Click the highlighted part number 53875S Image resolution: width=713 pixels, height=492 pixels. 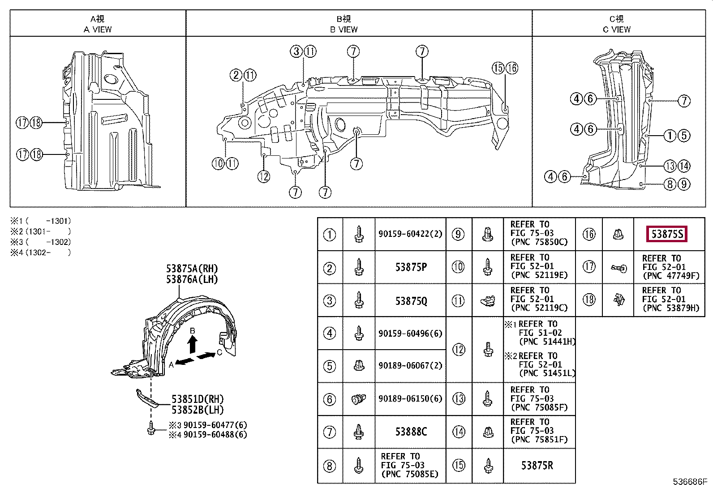coord(667,234)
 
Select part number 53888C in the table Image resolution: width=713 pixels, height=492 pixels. coord(411,432)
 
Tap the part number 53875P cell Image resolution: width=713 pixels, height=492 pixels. coord(411,267)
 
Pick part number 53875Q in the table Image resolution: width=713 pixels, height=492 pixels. coord(411,301)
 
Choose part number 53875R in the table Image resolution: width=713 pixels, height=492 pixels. coord(537,466)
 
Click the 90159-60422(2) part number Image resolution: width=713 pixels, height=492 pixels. coord(410,234)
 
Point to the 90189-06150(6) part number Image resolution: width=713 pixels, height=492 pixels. coord(410,398)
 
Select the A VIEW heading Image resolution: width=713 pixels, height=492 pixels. coord(98,30)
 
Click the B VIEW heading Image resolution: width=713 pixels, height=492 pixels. coord(344,30)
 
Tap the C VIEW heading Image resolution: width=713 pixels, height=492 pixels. coord(617,30)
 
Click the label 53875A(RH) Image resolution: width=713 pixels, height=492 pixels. coord(192,269)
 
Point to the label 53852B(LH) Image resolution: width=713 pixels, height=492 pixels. coord(198,410)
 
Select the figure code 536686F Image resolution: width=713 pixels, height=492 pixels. coord(690,482)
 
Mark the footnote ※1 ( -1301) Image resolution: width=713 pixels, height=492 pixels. coord(41,221)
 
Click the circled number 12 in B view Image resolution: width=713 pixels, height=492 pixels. coord(264,176)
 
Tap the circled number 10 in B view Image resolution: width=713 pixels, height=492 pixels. coord(218,163)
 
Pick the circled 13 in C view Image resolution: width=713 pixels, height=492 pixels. coord(670,166)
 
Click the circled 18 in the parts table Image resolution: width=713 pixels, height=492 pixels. coord(589,299)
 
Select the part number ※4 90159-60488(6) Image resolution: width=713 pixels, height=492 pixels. coord(208,434)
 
